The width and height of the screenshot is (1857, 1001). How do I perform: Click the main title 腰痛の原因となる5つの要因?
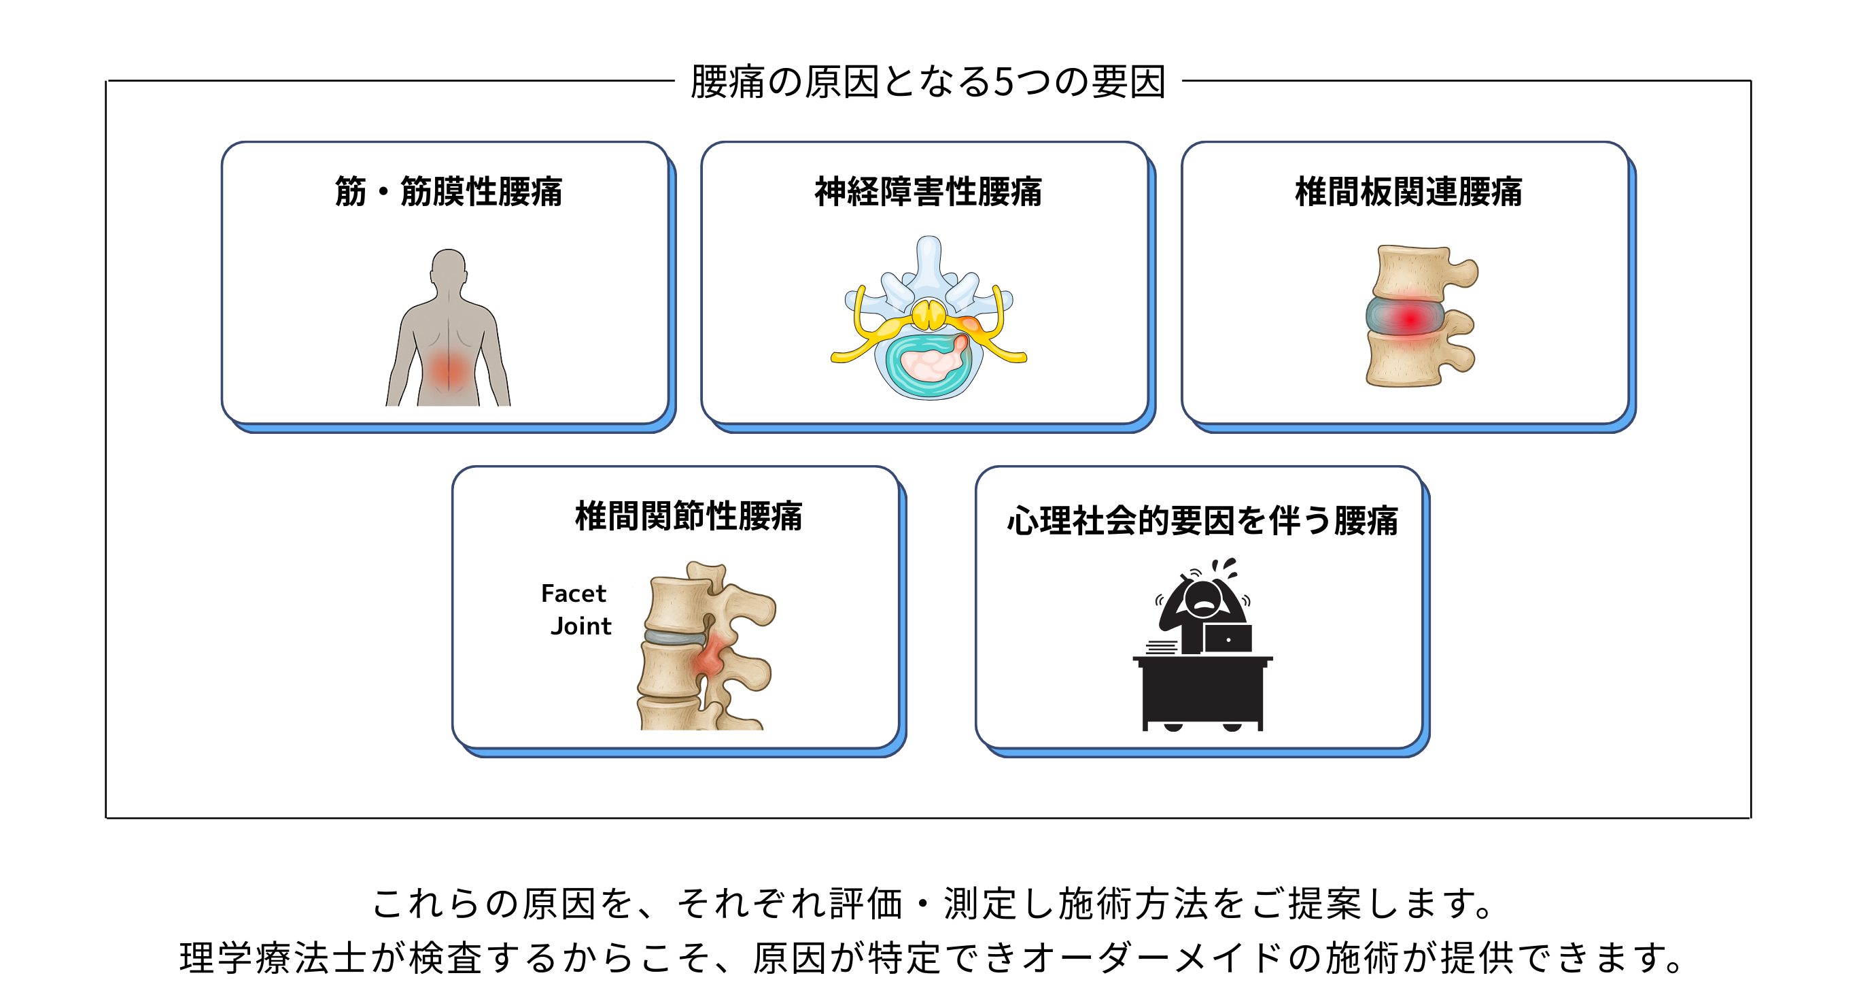928,82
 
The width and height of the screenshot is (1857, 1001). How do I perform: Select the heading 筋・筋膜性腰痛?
448,192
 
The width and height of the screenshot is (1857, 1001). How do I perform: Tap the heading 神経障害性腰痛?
928,192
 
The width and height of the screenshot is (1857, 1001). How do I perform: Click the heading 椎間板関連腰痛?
1408,192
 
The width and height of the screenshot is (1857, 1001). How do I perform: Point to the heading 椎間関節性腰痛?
688,516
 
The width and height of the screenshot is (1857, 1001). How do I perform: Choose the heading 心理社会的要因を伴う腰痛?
1202,521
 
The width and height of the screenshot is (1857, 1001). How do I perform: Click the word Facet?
573,594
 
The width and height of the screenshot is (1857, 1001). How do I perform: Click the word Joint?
580,626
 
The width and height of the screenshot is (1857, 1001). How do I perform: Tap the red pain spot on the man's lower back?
448,370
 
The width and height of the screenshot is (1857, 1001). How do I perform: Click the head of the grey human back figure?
449,267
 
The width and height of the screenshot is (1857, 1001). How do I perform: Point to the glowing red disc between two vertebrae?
1408,318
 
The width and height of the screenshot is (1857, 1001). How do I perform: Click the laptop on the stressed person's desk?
1228,639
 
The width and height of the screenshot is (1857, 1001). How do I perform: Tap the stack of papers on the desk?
1162,647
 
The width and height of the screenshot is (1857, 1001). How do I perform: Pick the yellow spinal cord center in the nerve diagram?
928,315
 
